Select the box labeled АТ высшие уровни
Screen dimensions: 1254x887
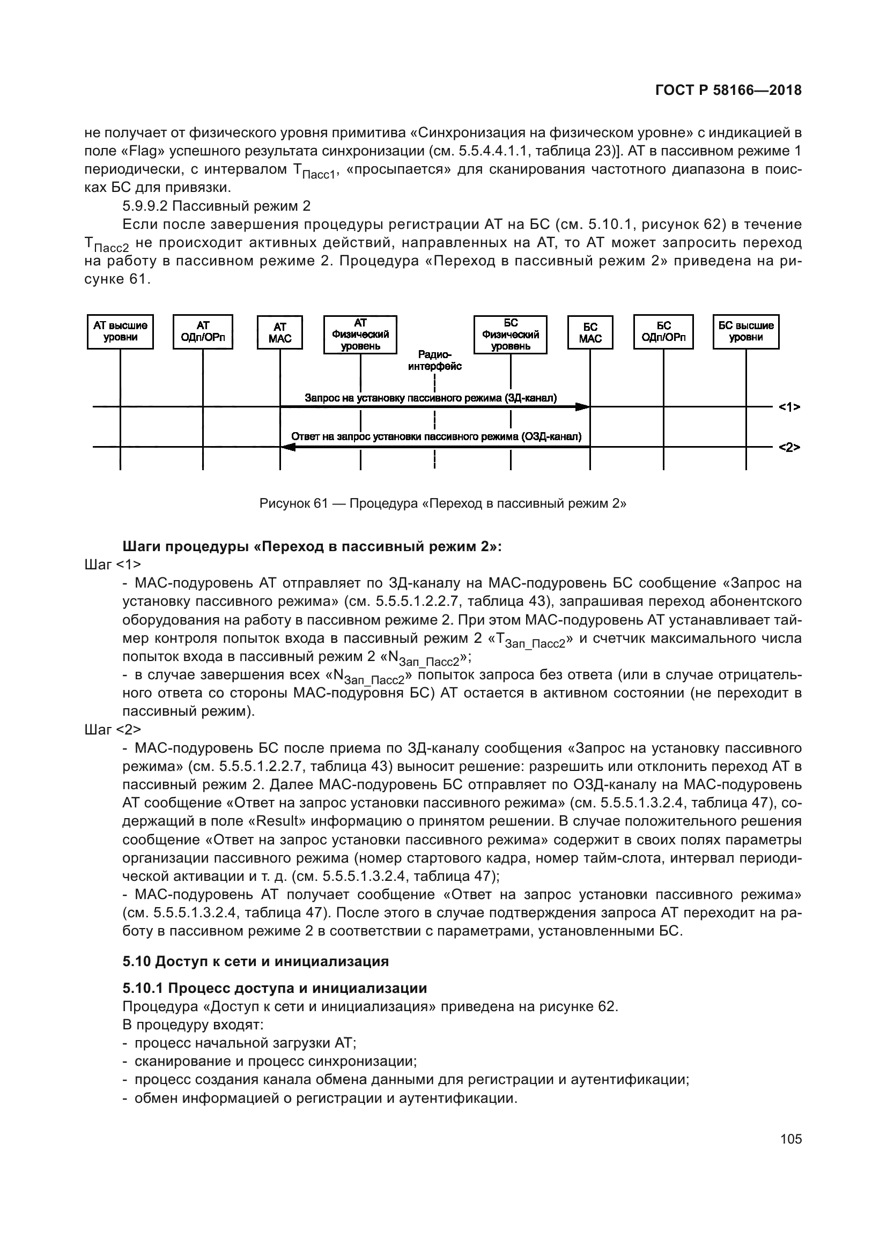tap(120, 331)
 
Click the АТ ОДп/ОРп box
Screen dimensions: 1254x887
tap(203, 331)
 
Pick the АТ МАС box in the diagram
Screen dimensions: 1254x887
tap(279, 332)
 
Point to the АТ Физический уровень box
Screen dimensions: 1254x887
tap(360, 334)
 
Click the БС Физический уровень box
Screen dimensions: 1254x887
tap(510, 334)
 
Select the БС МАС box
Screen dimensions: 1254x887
tap(590, 332)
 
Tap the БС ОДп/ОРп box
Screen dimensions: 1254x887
tap(663, 331)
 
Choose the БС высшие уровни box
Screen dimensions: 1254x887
tap(745, 331)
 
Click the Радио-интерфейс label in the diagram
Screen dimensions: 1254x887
tap(434, 360)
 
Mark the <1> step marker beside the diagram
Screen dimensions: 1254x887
tap(789, 407)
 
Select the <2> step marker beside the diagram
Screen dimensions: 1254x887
tap(789, 447)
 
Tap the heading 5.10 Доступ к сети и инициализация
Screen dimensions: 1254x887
tap(256, 961)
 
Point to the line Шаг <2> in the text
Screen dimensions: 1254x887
tap(113, 730)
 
